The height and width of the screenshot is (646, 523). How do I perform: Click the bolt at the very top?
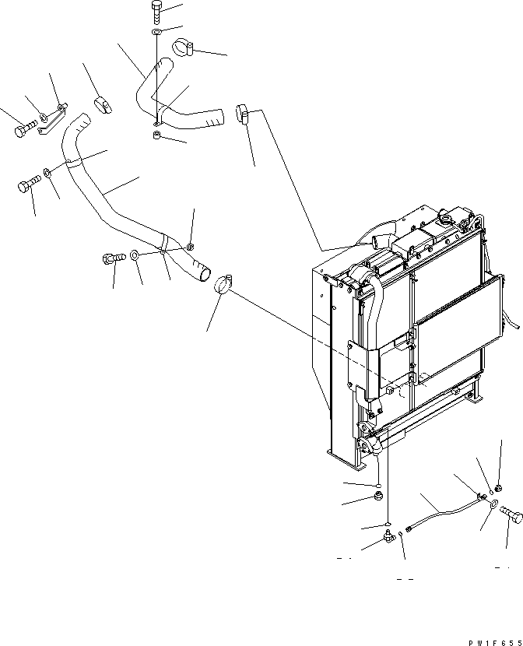coord(156,11)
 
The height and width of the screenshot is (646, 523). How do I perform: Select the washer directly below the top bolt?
coord(156,32)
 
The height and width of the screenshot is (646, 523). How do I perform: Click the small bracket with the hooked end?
coord(51,120)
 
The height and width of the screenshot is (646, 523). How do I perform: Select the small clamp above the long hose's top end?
coord(102,105)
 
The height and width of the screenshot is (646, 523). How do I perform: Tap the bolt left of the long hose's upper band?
coord(27,187)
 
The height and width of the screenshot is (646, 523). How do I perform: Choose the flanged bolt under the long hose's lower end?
coord(111,258)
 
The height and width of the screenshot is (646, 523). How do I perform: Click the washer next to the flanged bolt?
coord(135,254)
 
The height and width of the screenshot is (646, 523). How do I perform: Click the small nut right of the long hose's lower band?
coord(190,247)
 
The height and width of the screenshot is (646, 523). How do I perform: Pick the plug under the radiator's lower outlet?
coord(377,496)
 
